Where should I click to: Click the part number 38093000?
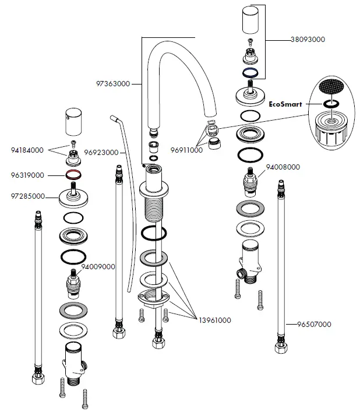tap(308, 40)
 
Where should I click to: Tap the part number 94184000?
tap(28, 150)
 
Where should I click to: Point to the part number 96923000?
tap(101, 153)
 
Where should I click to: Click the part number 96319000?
tap(28, 174)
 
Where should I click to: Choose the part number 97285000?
tap(28, 196)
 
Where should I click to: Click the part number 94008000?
tap(283, 167)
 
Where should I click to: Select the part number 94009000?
tap(98, 266)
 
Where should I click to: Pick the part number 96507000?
tap(314, 324)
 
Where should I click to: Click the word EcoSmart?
tap(286, 105)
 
